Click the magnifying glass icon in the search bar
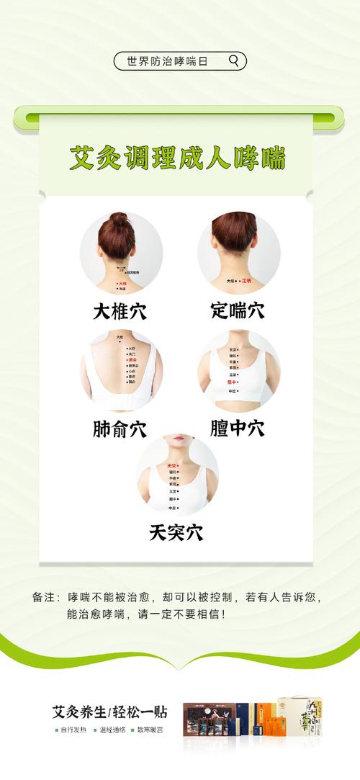tap(233, 61)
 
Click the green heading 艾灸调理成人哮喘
tap(177, 158)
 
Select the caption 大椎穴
tap(120, 311)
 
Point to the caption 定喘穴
tap(238, 311)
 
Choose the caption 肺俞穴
tap(120, 429)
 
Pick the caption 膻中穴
tap(238, 429)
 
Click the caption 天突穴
tap(176, 533)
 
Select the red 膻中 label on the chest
tap(232, 382)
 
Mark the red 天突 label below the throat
tap(171, 466)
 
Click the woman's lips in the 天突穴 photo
tap(178, 439)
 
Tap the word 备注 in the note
tap(43, 598)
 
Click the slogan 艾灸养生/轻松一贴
tap(109, 712)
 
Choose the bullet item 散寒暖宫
tap(149, 730)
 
